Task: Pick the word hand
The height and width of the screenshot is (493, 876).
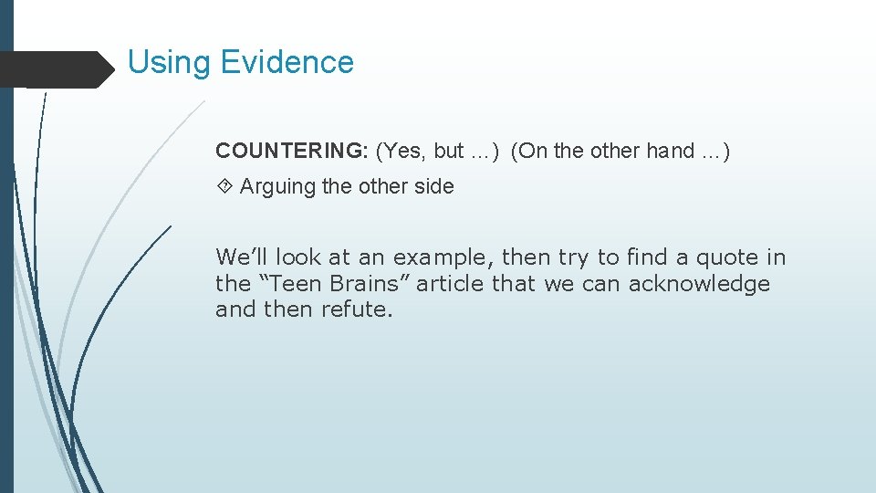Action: click(x=671, y=151)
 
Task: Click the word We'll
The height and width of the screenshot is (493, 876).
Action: click(x=242, y=257)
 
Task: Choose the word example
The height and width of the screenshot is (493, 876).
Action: click(x=443, y=258)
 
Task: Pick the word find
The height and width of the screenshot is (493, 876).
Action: click(x=646, y=257)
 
